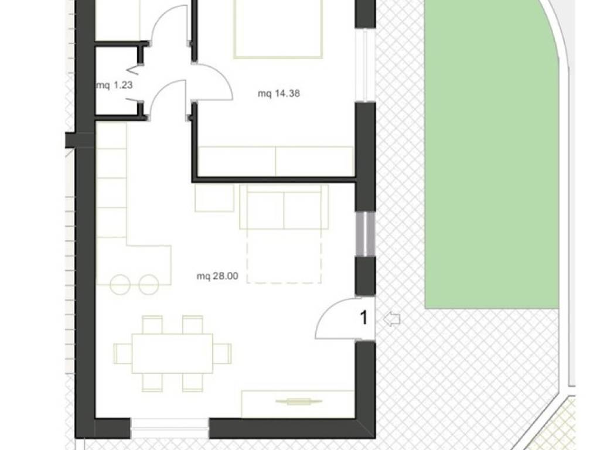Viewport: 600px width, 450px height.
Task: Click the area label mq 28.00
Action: pyautogui.click(x=217, y=276)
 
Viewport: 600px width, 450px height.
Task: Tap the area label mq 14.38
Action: pyautogui.click(x=279, y=93)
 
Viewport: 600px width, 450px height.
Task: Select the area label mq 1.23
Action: pyautogui.click(x=114, y=85)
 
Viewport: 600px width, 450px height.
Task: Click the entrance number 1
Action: pyautogui.click(x=364, y=318)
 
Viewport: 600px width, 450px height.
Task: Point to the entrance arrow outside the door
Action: pyautogui.click(x=391, y=319)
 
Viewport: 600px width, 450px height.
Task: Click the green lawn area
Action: pyautogui.click(x=492, y=153)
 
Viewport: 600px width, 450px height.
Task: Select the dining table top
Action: pyautogui.click(x=172, y=353)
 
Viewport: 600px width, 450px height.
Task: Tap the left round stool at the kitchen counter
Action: pyautogui.click(x=120, y=284)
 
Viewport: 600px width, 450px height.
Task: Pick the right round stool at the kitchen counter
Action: pyautogui.click(x=148, y=284)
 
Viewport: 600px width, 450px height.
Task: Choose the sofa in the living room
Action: pyautogui.click(x=284, y=207)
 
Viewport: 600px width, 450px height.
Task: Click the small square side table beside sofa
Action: pyautogui.click(x=214, y=198)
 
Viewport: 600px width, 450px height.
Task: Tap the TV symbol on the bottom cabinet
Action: pyautogui.click(x=299, y=401)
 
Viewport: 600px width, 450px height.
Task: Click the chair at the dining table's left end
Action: pyautogui.click(x=123, y=353)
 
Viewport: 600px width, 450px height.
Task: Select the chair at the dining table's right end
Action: pyautogui.click(x=222, y=353)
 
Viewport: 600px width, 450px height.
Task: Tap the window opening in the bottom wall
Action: pyautogui.click(x=169, y=428)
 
